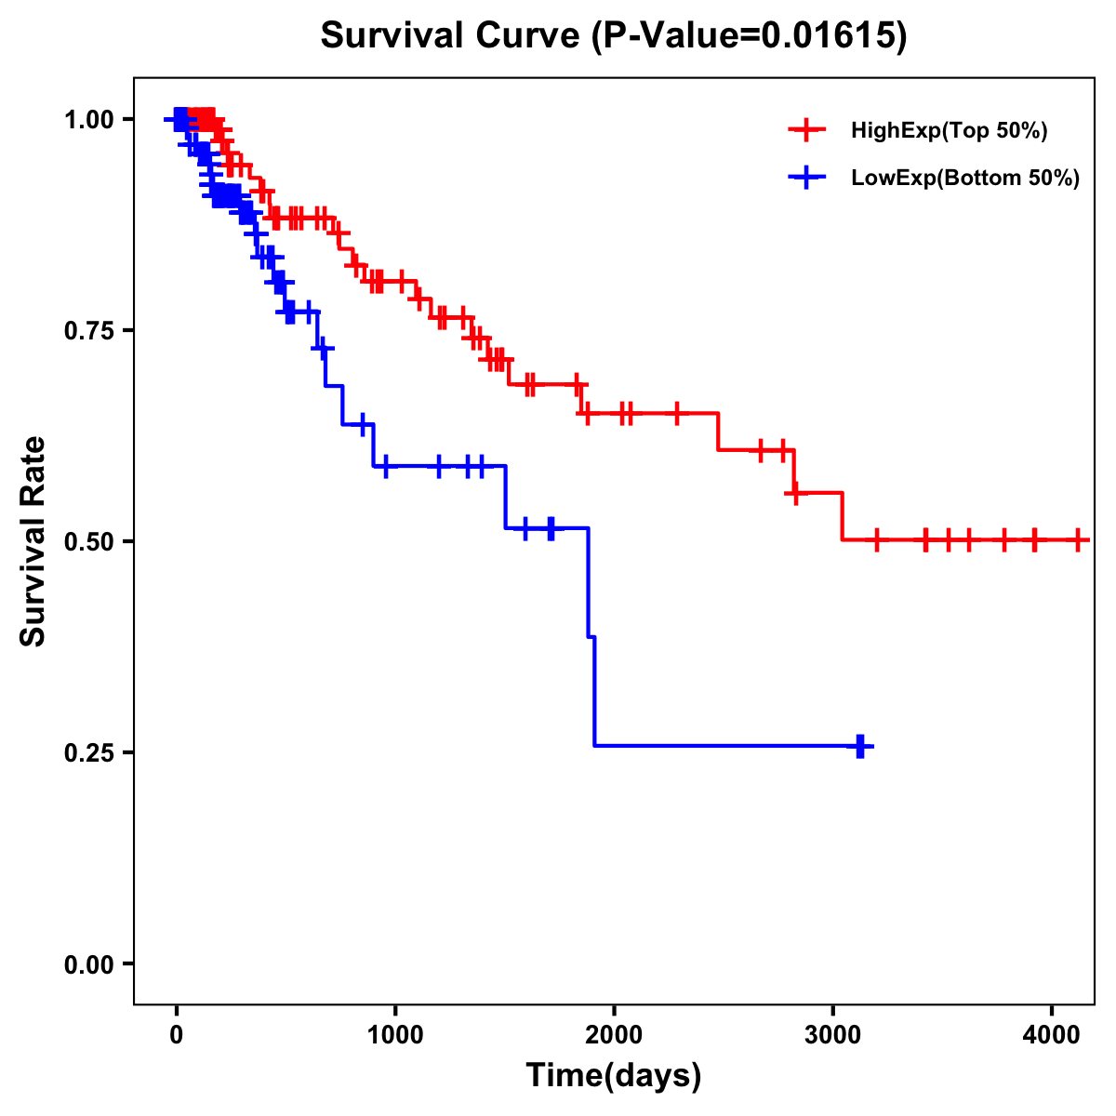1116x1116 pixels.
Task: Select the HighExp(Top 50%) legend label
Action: tap(950, 131)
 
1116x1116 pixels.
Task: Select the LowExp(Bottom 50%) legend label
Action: tap(965, 179)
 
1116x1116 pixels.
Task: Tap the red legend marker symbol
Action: tap(806, 131)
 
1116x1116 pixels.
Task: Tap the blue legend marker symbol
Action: tap(806, 179)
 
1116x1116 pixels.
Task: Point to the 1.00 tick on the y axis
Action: tap(89, 119)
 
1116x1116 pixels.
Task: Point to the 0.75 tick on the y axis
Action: tap(89, 330)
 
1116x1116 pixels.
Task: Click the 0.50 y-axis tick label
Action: tap(89, 541)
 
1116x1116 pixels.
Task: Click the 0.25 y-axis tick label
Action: tap(89, 752)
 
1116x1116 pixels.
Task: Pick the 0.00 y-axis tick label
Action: tap(89, 963)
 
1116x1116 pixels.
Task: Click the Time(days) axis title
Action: tap(614, 1076)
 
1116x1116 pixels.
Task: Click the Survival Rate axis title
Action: tap(33, 541)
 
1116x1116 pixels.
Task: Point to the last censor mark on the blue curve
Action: tap(860, 746)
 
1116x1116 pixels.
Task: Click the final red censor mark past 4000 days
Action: tap(1078, 539)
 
